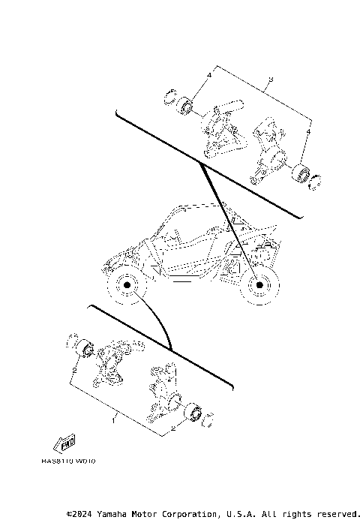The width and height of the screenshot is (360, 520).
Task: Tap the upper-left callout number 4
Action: (209, 77)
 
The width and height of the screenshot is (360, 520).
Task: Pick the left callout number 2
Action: (73, 370)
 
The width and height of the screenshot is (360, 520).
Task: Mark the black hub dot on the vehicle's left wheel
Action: (126, 287)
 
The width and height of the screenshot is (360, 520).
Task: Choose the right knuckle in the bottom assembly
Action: (160, 389)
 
